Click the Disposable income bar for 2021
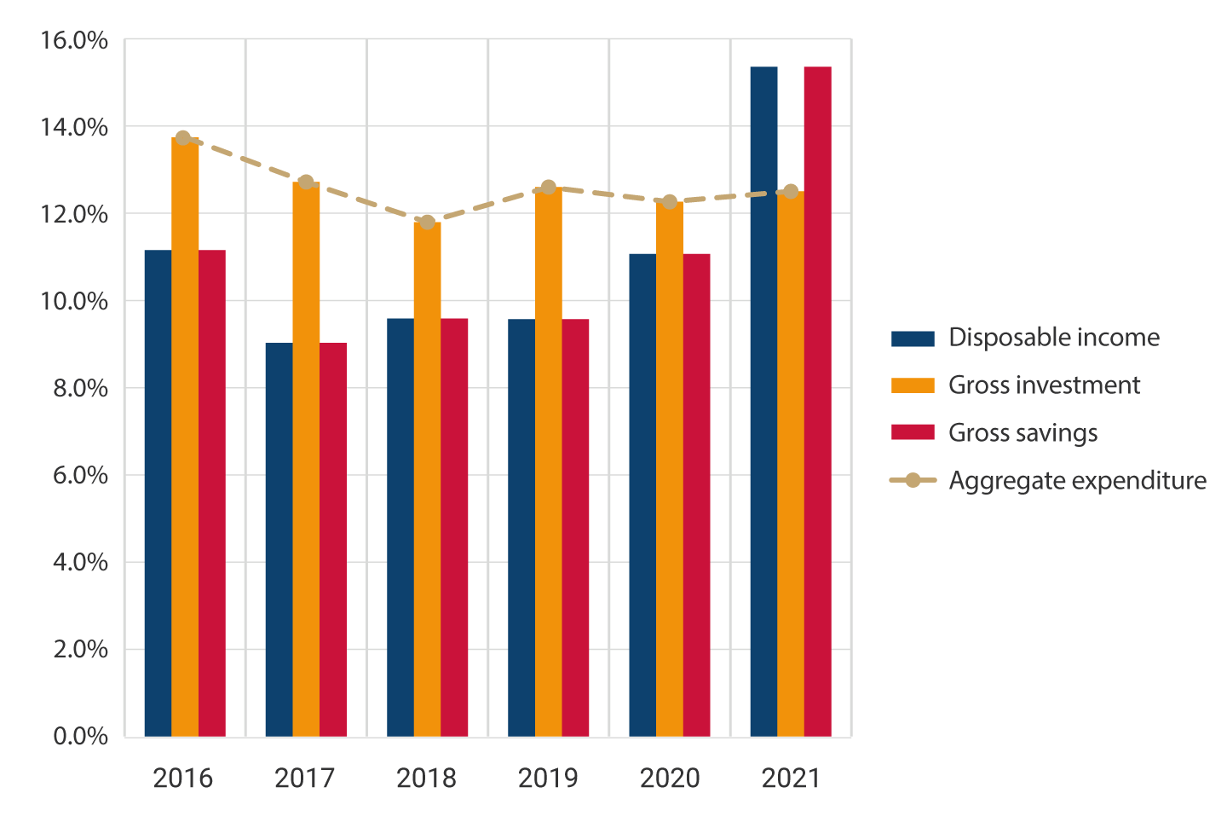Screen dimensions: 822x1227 pos(763,401)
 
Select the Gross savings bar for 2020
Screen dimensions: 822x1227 pos(696,495)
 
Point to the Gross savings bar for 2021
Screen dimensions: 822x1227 pos(818,401)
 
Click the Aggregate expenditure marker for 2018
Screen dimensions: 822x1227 pos(427,223)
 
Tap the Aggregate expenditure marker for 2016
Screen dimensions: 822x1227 pos(183,138)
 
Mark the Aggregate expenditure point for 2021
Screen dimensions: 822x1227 pos(791,192)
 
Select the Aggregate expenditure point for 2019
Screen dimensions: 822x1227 pos(549,188)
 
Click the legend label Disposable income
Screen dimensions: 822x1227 pos(1054,338)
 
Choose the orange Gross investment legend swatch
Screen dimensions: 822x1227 pos(913,385)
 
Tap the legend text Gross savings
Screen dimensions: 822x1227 pos(1022,433)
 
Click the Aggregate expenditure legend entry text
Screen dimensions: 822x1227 pos(1077,481)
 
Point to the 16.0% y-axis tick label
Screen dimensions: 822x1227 pos(75,40)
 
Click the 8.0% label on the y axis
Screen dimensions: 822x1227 pos(80,388)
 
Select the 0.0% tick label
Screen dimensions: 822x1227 pos(80,736)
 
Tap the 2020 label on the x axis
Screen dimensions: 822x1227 pos(670,778)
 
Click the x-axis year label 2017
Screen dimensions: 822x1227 pos(305,778)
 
